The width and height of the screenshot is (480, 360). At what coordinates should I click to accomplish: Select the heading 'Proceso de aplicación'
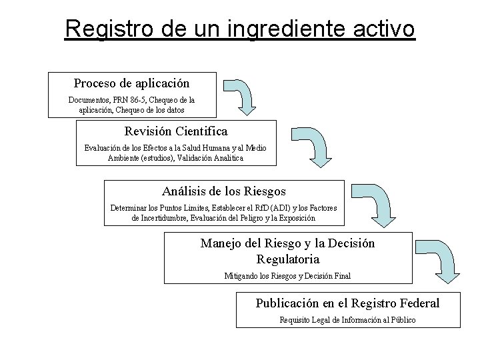(131, 83)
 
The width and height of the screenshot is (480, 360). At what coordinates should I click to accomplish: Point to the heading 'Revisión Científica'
(176, 131)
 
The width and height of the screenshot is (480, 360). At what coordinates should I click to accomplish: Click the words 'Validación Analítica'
(209, 158)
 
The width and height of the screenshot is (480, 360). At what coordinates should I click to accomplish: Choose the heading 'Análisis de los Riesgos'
(224, 191)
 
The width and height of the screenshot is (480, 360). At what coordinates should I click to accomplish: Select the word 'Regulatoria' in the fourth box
(287, 259)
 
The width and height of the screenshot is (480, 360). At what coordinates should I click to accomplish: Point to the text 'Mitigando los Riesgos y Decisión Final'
(287, 276)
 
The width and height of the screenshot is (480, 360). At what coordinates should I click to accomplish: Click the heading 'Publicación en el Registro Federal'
(347, 303)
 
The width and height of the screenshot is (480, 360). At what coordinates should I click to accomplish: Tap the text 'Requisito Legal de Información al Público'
(347, 321)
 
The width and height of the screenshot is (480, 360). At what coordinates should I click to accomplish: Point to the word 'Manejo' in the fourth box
(219, 244)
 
